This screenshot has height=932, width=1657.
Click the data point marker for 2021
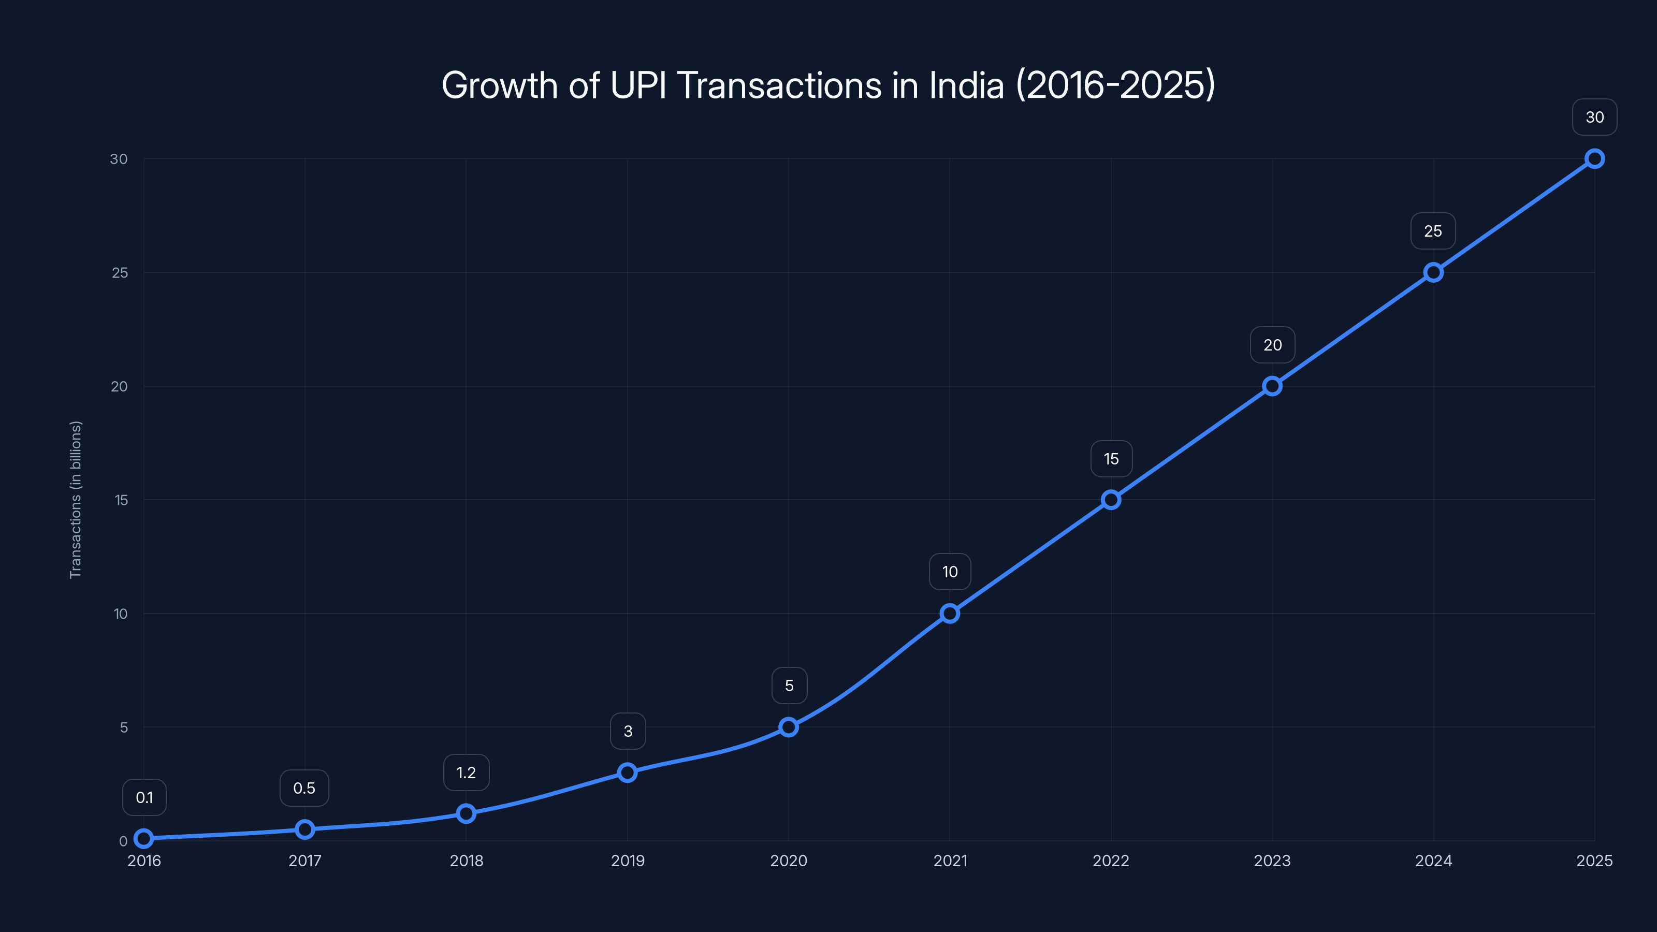click(950, 614)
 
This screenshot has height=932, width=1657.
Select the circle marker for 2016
click(144, 838)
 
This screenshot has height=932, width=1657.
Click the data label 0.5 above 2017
click(304, 788)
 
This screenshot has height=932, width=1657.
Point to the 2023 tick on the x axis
click(1272, 861)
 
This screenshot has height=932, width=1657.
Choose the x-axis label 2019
click(627, 861)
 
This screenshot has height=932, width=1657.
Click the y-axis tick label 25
click(120, 273)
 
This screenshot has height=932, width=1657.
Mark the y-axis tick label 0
click(123, 841)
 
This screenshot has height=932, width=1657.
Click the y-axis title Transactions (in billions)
click(75, 500)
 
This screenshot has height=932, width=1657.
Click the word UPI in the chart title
click(638, 85)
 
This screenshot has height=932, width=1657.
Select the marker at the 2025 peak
click(1594, 159)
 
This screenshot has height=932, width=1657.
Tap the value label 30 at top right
click(1594, 117)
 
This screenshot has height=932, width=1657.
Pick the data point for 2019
click(627, 773)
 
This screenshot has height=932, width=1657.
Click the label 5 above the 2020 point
click(789, 686)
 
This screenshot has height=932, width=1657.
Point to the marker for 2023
click(1272, 386)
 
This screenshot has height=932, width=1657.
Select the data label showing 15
click(1111, 459)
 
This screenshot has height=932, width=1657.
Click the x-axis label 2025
click(1594, 861)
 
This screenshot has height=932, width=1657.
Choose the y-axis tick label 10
click(120, 614)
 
